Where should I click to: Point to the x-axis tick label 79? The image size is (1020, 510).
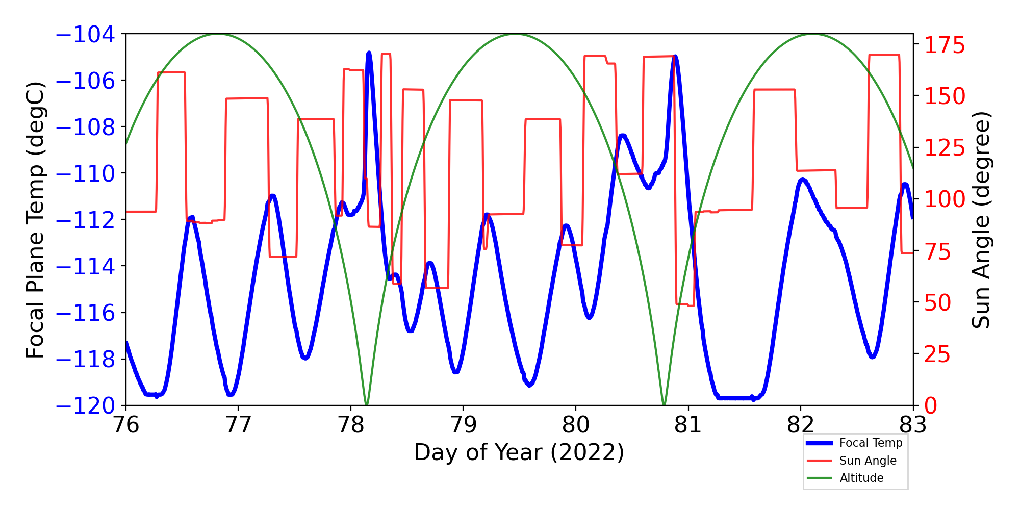tap(463, 424)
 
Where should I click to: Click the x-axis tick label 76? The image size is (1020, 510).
tap(125, 424)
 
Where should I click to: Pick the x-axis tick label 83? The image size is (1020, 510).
tap(913, 424)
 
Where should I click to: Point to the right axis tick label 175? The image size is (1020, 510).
tap(945, 45)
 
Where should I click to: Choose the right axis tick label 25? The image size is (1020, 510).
tap(938, 354)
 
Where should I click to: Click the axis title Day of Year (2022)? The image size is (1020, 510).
tap(519, 452)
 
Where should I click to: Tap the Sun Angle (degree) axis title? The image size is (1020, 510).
tap(981, 219)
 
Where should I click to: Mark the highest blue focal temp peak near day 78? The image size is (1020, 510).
tap(369, 53)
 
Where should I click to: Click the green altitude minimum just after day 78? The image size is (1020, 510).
tap(367, 404)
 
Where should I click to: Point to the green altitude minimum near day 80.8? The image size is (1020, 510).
tap(664, 404)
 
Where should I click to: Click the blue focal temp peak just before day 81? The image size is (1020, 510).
tap(675, 57)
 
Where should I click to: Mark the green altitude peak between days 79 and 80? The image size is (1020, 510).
tap(515, 34)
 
